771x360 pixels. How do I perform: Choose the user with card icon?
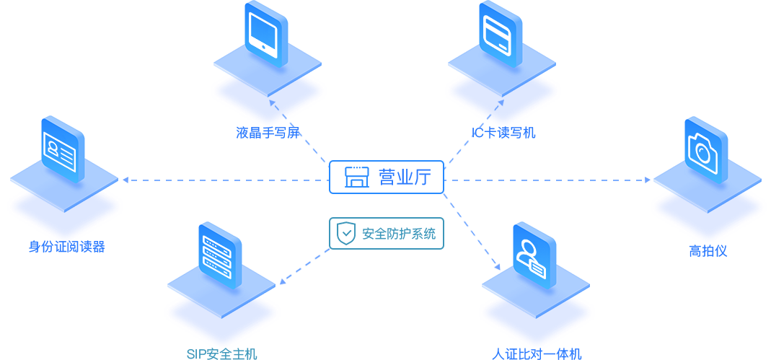coord(531,256)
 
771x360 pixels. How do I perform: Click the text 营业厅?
coord(405,177)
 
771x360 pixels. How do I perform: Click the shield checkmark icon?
coord(346,233)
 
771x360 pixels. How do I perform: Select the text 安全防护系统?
coord(398,234)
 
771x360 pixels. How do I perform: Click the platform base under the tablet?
coord(268,95)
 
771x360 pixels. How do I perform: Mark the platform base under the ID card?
coord(64,208)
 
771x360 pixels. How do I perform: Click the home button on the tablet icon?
coord(264,49)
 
